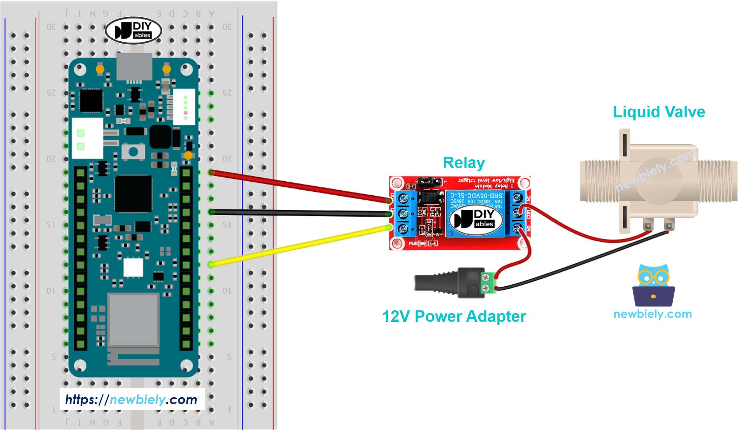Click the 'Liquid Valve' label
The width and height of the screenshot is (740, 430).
point(659,112)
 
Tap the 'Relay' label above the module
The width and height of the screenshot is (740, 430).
point(463,163)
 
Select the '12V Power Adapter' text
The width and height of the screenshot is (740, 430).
point(454,316)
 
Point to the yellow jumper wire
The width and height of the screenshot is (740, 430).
point(298,246)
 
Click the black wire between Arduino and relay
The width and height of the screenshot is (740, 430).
point(298,213)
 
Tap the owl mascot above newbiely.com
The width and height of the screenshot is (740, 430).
point(653,285)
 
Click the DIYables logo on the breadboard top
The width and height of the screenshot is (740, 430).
point(133,31)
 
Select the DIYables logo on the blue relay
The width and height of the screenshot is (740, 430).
point(475,219)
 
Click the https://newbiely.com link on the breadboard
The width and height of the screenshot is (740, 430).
point(131,399)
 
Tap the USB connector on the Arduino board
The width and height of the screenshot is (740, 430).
point(134,67)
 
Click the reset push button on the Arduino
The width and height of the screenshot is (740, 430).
point(133,152)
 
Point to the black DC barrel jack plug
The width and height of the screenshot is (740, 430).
point(436,283)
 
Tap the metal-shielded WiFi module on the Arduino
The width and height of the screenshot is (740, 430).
point(133,320)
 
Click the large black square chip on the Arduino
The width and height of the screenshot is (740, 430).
point(133,193)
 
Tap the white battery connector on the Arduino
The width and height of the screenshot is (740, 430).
point(87,138)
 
